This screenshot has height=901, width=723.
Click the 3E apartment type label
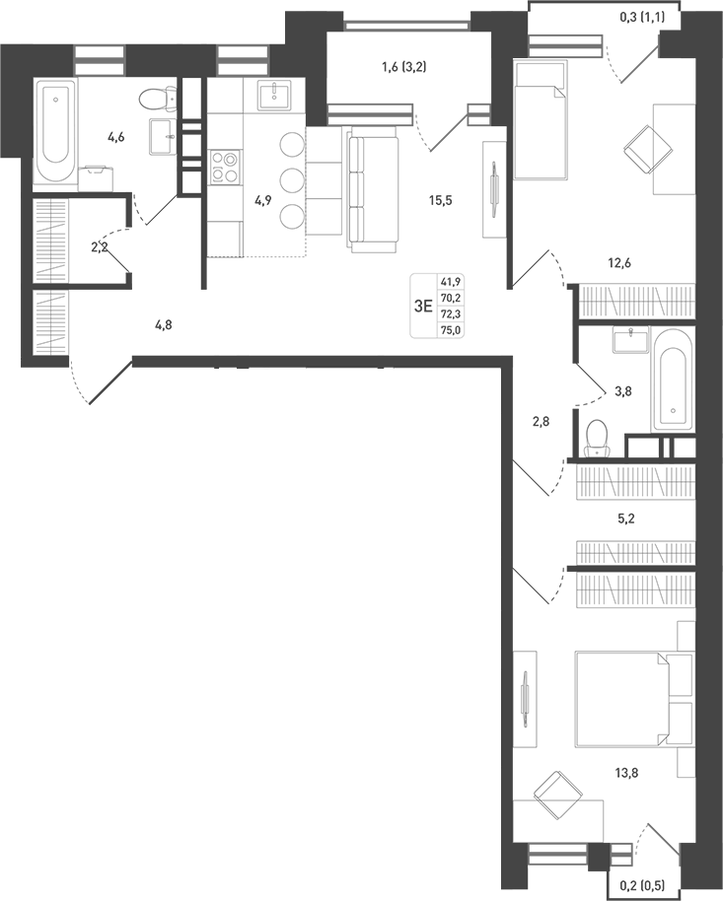point(423,306)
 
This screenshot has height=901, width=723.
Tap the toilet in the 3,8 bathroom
point(597,438)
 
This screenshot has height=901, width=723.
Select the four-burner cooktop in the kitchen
point(225,165)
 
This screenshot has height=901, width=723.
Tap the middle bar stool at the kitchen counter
point(291,179)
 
